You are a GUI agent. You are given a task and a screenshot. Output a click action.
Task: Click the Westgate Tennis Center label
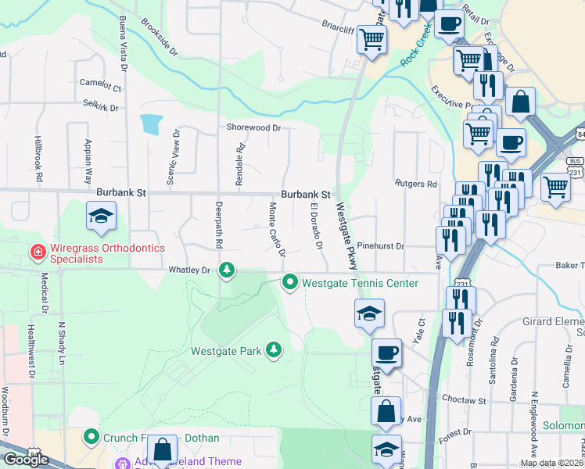[x=360, y=282]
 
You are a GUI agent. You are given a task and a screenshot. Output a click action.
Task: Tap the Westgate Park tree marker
[x=274, y=349]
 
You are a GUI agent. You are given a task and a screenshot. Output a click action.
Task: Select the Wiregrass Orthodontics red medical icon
[x=36, y=252]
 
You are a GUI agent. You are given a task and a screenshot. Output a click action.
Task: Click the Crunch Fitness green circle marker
[x=92, y=436]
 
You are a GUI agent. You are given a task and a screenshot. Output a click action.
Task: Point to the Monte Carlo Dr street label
[x=276, y=229]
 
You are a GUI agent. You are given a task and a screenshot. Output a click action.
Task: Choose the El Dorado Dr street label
[x=316, y=225]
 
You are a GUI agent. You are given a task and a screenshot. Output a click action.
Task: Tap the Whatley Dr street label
[x=190, y=270]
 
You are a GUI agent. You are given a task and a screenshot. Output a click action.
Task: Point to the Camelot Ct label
[x=101, y=82]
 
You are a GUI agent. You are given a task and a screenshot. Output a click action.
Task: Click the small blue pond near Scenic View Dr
[x=151, y=124]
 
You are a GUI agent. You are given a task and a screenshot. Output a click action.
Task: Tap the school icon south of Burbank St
[x=101, y=218]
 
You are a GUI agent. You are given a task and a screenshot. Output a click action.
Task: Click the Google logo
[x=26, y=460]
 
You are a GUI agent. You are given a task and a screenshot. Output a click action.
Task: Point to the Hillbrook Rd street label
[x=37, y=160]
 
